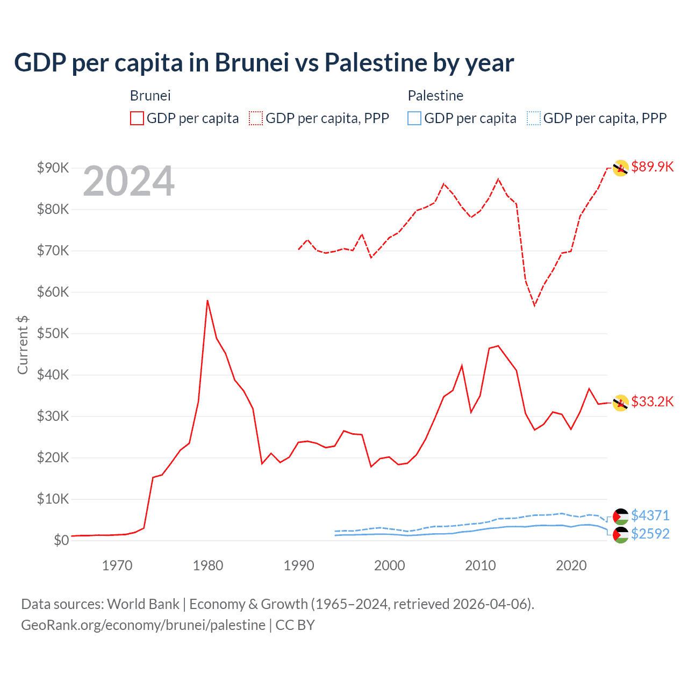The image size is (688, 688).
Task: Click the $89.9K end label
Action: tap(652, 167)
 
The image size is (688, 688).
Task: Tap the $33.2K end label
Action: tap(652, 402)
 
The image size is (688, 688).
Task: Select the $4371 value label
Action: tap(650, 515)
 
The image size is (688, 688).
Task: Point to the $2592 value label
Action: tap(650, 534)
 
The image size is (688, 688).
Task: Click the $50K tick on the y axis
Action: tap(53, 333)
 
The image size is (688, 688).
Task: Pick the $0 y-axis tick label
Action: tap(61, 540)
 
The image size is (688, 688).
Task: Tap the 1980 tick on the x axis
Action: tap(208, 565)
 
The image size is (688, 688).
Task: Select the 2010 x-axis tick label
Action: tap(481, 565)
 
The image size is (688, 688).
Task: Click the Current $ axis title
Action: tap(23, 345)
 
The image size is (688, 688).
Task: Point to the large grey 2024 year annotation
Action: tap(129, 181)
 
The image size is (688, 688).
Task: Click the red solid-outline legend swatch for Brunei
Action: tap(137, 118)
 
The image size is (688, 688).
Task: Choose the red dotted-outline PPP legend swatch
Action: tap(256, 118)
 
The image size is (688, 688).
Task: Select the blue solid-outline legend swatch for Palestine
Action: tap(414, 118)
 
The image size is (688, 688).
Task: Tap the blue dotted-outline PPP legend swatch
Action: tap(534, 118)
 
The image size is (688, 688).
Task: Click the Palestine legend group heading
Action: tap(435, 96)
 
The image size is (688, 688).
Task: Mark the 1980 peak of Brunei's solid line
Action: tap(207, 300)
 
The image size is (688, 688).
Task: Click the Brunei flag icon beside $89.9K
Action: tap(621, 168)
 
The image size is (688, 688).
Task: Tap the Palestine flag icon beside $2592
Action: tap(621, 535)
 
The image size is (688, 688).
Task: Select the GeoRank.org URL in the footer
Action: tap(143, 625)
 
